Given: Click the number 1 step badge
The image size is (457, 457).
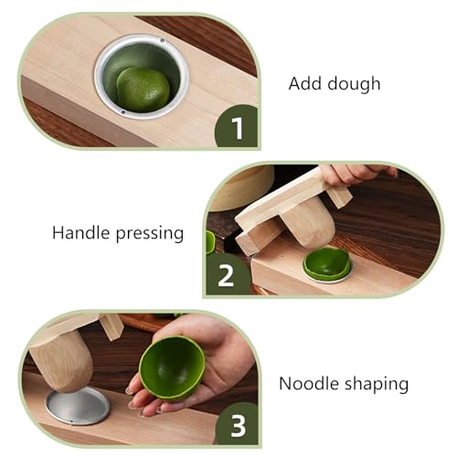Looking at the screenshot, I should coord(237,127).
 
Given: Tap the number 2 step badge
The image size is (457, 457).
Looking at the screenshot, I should coord(225,272).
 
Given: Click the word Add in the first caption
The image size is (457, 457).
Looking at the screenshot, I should coord(304,84).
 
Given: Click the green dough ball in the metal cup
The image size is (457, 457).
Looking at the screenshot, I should coord(143,88).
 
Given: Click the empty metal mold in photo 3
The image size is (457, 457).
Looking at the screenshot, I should coord(79,404).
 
